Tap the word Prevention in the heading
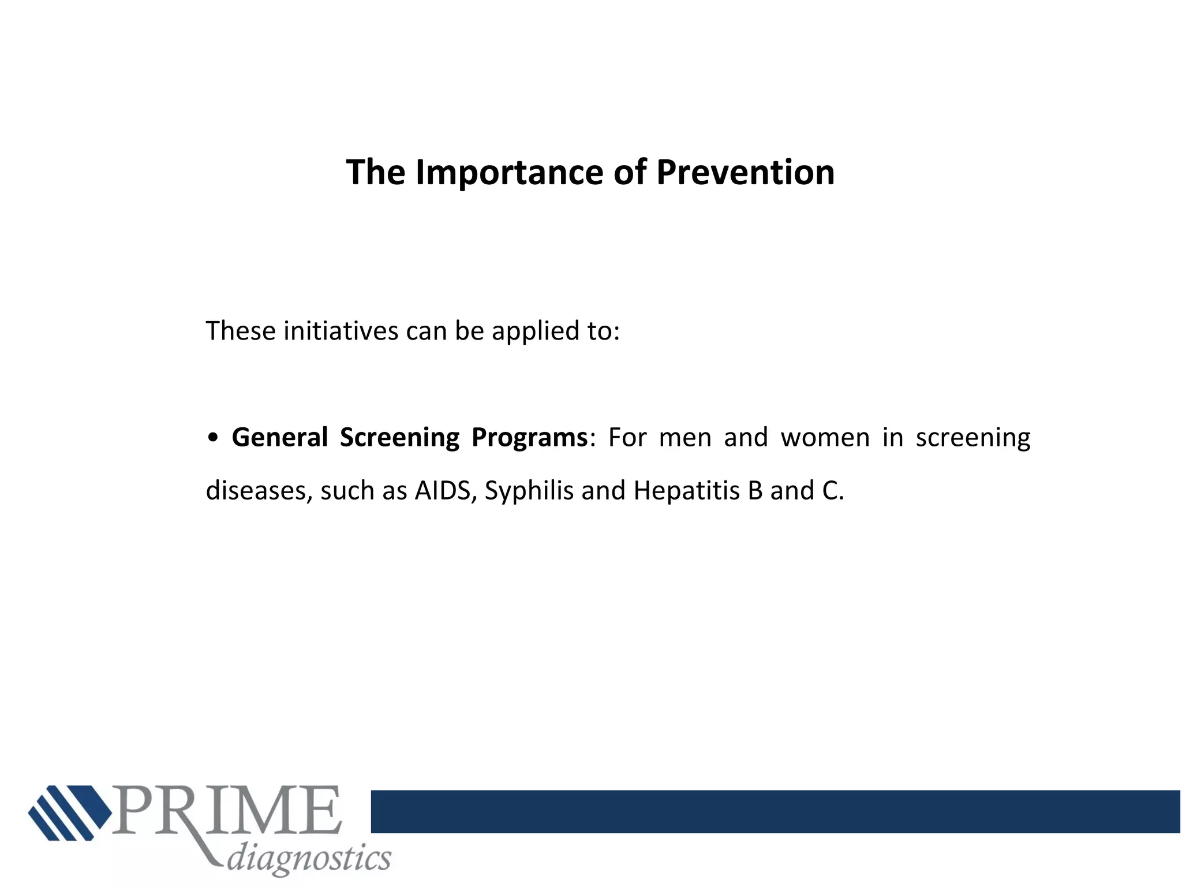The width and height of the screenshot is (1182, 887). pyautogui.click(x=745, y=173)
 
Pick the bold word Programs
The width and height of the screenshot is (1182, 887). pyautogui.click(x=529, y=438)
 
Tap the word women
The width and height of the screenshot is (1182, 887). pyautogui.click(x=825, y=438)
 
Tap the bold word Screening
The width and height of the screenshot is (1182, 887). pyautogui.click(x=399, y=438)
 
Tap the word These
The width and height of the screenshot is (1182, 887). pyautogui.click(x=241, y=331)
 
